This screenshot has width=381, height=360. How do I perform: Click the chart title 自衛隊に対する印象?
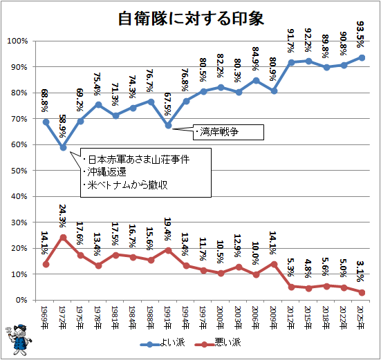(x=191, y=19)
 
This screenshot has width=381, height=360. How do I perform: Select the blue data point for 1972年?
(x=63, y=148)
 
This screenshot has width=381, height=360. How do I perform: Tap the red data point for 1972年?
(x=63, y=238)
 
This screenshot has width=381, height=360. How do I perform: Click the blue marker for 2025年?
(x=362, y=58)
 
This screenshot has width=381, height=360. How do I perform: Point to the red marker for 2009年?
(x=274, y=264)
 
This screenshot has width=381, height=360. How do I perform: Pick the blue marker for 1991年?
(x=168, y=126)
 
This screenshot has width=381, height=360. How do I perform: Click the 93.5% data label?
(x=360, y=35)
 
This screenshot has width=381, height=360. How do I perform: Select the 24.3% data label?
(x=62, y=216)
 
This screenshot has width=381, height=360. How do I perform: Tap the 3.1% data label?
(x=360, y=271)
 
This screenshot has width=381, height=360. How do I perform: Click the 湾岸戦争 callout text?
(x=219, y=132)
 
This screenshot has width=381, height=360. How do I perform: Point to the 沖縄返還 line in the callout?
(x=107, y=172)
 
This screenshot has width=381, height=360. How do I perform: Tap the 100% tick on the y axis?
(x=17, y=41)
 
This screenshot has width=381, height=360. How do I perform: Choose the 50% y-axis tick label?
(x=19, y=171)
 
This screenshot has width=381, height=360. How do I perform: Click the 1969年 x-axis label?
(x=45, y=318)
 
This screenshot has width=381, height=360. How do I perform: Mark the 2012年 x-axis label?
(x=290, y=318)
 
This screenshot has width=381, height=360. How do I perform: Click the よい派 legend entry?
(x=162, y=342)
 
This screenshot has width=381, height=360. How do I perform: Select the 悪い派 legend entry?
(x=218, y=342)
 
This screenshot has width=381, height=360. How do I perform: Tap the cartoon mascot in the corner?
(x=19, y=339)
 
